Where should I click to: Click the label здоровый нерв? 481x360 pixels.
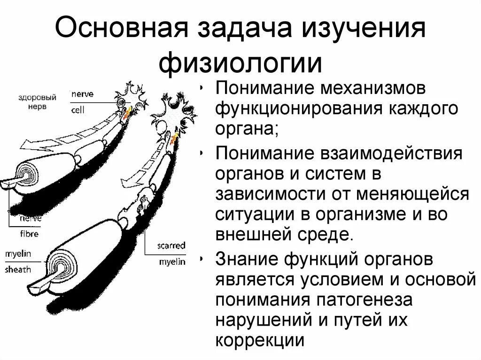tap(37, 102)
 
